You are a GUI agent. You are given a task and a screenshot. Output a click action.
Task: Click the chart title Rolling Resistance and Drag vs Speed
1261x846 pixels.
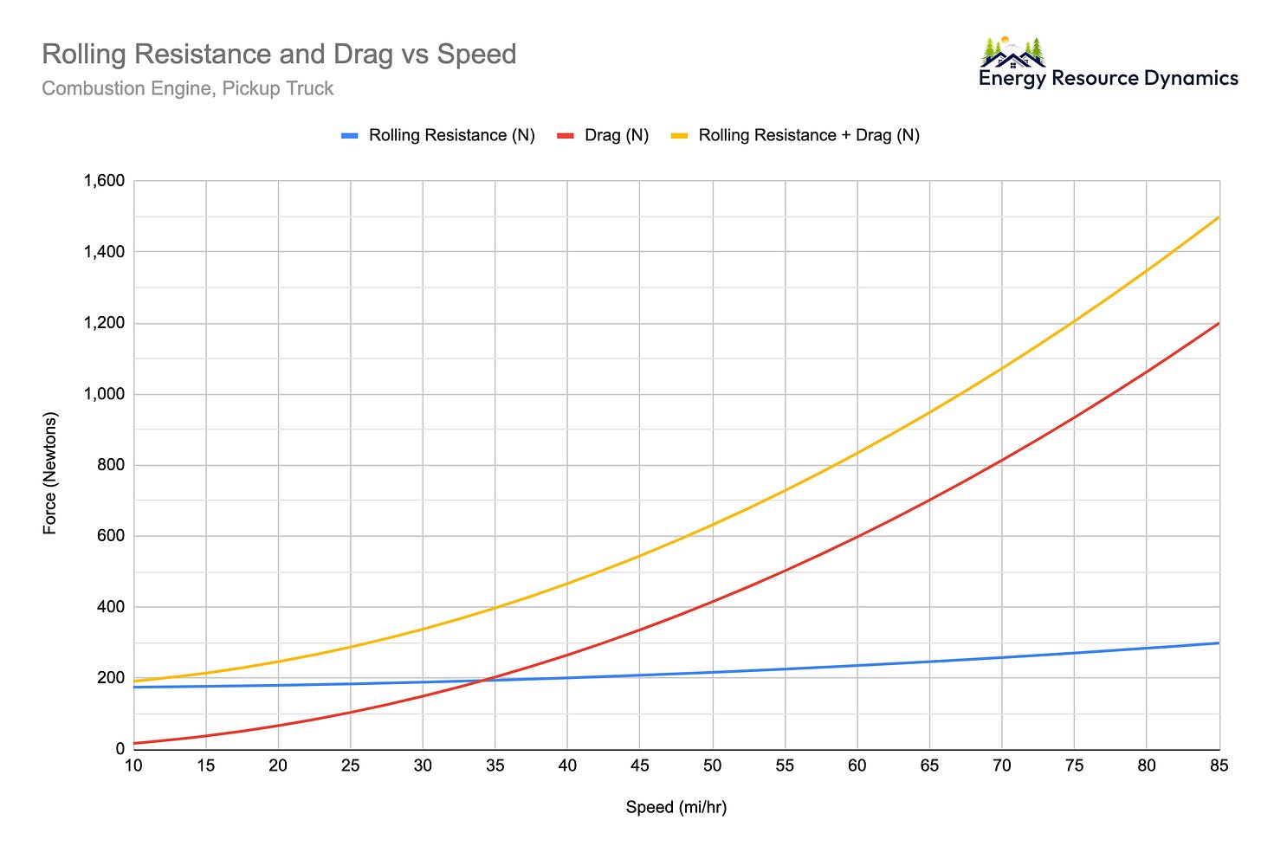(x=279, y=55)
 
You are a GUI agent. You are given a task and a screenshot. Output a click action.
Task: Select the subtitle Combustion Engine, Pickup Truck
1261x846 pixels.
(x=187, y=88)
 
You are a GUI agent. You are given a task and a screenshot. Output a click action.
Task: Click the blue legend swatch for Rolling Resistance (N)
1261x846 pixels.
(x=350, y=136)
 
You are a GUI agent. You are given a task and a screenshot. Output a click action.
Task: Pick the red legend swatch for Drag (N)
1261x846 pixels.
(x=566, y=136)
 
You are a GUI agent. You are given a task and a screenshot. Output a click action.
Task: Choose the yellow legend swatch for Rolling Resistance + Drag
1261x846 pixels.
(x=680, y=136)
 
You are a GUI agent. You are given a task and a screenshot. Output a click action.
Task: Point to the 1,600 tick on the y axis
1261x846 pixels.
(x=104, y=181)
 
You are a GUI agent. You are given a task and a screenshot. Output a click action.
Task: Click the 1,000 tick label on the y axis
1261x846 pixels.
(x=104, y=394)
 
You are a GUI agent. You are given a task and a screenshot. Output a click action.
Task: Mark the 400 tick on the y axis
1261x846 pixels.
(x=111, y=607)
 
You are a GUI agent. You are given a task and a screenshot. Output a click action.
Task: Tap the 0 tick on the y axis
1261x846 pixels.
(x=120, y=749)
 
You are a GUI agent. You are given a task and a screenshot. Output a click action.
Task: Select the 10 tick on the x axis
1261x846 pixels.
(x=133, y=766)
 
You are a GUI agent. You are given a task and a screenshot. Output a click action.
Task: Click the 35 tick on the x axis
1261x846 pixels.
(x=495, y=766)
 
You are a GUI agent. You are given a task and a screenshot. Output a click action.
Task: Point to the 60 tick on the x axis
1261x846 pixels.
(x=857, y=766)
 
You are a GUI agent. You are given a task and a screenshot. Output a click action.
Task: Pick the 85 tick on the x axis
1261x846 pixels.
(x=1219, y=766)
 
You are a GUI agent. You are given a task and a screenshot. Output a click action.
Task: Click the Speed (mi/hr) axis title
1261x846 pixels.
(x=676, y=808)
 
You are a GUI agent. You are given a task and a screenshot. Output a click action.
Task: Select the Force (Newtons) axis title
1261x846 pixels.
(x=50, y=473)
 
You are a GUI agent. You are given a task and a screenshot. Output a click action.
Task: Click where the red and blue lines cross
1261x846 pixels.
(x=487, y=681)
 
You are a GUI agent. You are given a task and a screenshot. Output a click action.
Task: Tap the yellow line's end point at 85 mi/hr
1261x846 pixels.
(x=1219, y=217)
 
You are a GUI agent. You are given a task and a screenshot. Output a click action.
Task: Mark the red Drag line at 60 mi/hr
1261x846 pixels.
(x=857, y=537)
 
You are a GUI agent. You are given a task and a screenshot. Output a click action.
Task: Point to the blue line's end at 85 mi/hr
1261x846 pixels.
(x=1219, y=643)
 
